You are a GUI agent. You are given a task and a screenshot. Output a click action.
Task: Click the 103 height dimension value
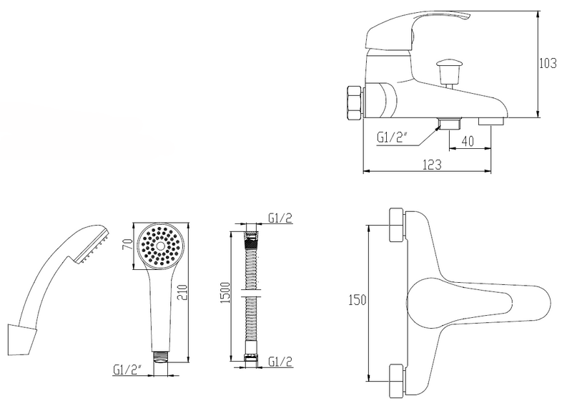[x=548, y=64]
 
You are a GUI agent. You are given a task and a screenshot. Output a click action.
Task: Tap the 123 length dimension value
[x=432, y=165]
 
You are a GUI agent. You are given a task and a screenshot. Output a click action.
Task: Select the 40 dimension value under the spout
[x=468, y=142]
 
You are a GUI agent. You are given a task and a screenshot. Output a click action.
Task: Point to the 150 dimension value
[x=357, y=300]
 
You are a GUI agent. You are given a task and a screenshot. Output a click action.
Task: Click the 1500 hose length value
[x=225, y=293]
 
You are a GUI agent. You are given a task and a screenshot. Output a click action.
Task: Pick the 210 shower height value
[x=182, y=292]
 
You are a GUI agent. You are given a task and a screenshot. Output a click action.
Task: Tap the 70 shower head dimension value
[x=127, y=244]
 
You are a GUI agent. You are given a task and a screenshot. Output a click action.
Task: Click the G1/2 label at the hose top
[x=280, y=218]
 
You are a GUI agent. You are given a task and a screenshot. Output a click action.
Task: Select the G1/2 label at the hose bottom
[x=280, y=362]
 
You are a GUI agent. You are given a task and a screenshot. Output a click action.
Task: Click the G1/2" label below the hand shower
[x=127, y=369]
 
